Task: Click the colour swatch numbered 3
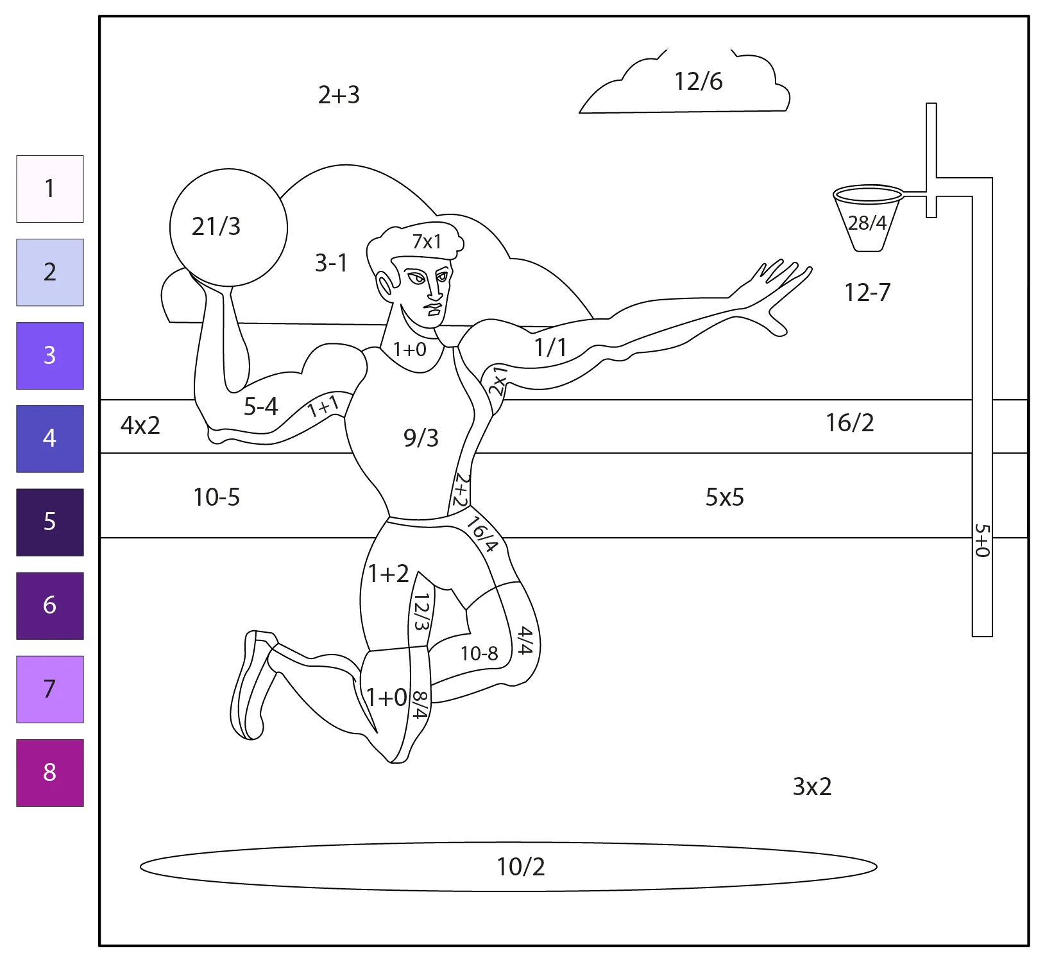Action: [x=50, y=356]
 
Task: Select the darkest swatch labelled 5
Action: [x=50, y=522]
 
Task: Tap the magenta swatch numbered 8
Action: [x=50, y=772]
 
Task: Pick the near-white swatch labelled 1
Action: [x=50, y=189]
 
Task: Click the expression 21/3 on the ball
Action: [x=216, y=227]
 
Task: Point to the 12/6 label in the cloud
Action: [x=698, y=82]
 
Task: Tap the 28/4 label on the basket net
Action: [x=867, y=223]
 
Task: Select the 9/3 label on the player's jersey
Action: [x=421, y=438]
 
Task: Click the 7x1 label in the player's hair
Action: [x=427, y=242]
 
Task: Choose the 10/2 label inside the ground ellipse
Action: [x=521, y=867]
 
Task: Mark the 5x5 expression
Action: [x=725, y=497]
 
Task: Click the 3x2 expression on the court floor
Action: [x=812, y=787]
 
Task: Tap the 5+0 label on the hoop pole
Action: [x=982, y=540]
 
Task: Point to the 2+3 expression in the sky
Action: [x=339, y=95]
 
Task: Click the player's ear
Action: [x=385, y=285]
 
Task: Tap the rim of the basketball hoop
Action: [x=869, y=194]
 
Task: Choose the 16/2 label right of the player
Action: [x=850, y=423]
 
